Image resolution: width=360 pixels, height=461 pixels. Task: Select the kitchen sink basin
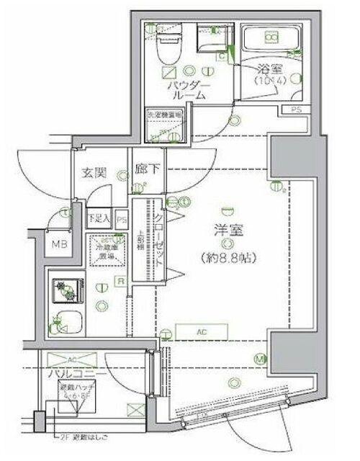(x=66, y=321)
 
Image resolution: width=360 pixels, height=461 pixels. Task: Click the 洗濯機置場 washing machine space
(x=164, y=127)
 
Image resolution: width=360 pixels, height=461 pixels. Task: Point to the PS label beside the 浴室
(x=297, y=109)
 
